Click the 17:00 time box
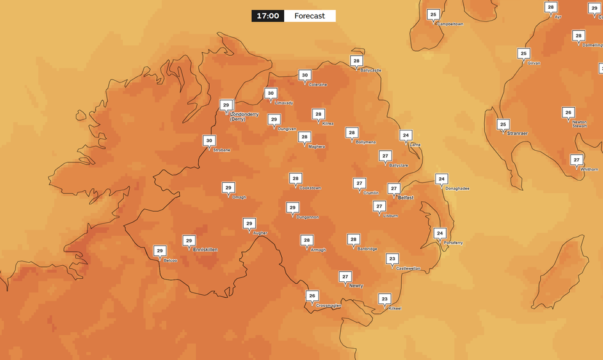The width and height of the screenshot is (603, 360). point(268,15)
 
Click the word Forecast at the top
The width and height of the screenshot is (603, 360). point(309,15)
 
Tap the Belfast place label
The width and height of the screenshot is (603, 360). point(405,198)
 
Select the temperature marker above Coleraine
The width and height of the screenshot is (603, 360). point(304,75)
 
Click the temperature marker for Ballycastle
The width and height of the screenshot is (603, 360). point(356,60)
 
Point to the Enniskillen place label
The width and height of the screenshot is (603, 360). point(206,250)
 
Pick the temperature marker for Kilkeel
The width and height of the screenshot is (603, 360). point(385,299)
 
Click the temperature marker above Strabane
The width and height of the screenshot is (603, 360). point(209,140)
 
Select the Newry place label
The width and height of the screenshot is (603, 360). point(356,286)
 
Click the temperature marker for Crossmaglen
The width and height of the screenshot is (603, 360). point(312,296)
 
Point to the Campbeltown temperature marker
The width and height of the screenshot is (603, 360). point(433,14)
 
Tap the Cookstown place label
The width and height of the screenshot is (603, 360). point(306,188)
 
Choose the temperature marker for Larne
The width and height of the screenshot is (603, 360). point(405,135)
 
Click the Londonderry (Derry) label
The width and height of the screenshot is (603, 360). point(244,116)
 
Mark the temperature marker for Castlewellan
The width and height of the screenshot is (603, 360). point(392,259)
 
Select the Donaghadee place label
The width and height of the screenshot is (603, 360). point(457,188)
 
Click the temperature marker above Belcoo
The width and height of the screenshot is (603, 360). point(159,251)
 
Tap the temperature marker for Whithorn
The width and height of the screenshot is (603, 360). point(577,159)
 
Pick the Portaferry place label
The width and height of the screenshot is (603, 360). point(453,243)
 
